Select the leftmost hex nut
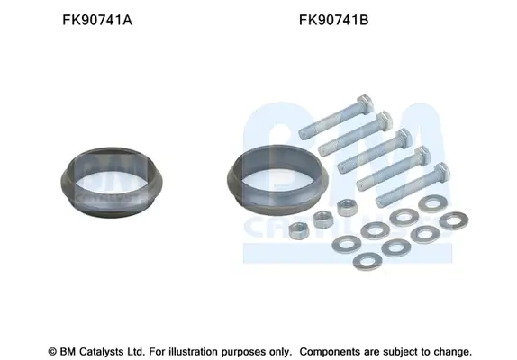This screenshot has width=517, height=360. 300,228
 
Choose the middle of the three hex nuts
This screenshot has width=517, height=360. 322,216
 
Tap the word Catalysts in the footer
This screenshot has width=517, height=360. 101,349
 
